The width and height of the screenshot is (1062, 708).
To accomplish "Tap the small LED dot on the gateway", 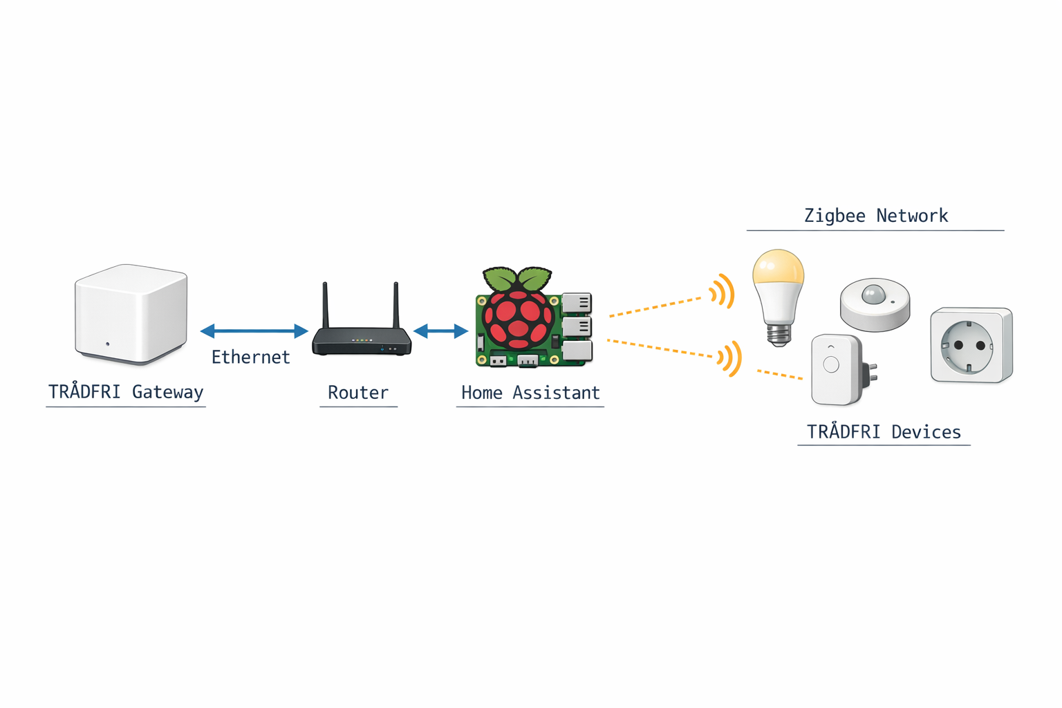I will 107,344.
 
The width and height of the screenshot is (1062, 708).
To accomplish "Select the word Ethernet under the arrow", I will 250,357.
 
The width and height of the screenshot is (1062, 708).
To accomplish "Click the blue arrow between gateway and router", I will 254,331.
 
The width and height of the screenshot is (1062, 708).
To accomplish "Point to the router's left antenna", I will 325,305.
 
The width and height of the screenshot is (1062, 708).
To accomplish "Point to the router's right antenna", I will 396,305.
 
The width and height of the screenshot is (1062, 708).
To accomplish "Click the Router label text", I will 357,393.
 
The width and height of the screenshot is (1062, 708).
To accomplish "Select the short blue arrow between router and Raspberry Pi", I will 440,332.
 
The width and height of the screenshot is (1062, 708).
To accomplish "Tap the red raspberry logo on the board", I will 518,319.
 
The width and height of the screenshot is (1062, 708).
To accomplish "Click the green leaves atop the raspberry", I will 517,278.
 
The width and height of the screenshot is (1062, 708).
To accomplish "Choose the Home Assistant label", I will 530,393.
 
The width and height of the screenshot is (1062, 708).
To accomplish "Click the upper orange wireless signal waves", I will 723,291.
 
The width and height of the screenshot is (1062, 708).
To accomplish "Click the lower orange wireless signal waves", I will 730,358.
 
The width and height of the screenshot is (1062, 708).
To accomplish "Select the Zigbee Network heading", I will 875,216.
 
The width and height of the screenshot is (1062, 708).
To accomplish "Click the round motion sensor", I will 875,304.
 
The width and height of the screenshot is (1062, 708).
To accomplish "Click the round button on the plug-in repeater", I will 831,364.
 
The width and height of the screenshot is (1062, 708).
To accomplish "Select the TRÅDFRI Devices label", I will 884,432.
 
